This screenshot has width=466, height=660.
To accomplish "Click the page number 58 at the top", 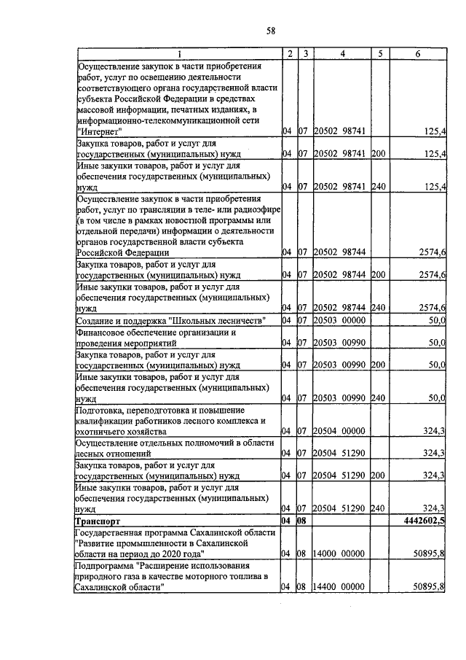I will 270,30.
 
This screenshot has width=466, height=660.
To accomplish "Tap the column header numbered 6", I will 417,54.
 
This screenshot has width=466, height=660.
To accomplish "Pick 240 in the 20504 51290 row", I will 377,508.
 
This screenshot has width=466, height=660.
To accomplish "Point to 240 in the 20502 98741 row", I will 377,187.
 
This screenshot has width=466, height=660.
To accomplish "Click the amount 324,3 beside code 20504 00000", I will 434,431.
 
